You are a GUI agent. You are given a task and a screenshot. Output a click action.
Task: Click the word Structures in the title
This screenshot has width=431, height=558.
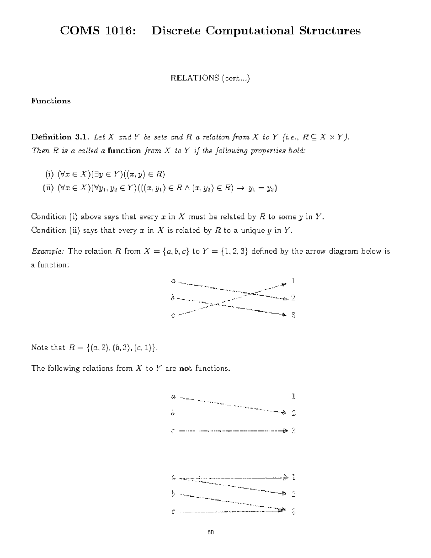click(329, 31)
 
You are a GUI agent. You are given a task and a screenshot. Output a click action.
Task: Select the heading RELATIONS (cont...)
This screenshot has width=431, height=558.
click(210, 78)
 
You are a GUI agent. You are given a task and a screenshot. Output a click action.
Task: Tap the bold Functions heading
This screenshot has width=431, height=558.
click(51, 101)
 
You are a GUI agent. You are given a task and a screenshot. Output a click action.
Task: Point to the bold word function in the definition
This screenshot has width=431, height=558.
click(124, 151)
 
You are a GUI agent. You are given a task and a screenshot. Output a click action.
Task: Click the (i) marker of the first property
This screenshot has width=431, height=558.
click(49, 175)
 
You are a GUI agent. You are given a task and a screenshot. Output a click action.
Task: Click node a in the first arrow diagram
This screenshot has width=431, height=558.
click(173, 281)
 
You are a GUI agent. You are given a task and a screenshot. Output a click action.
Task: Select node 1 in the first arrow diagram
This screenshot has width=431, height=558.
click(293, 280)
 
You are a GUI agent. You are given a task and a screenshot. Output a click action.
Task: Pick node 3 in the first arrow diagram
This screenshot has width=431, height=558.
click(293, 315)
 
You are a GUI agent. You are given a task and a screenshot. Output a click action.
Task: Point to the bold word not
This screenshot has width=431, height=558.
click(186, 368)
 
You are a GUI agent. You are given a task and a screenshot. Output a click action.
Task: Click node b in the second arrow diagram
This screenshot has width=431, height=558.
click(173, 413)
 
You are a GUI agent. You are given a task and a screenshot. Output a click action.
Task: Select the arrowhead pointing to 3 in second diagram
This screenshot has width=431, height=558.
click(285, 430)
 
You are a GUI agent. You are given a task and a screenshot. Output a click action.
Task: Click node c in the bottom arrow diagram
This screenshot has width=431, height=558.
click(173, 512)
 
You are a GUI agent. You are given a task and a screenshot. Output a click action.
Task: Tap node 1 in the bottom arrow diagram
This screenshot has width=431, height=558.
click(293, 477)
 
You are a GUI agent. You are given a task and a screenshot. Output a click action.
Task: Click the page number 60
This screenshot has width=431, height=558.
click(210, 532)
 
